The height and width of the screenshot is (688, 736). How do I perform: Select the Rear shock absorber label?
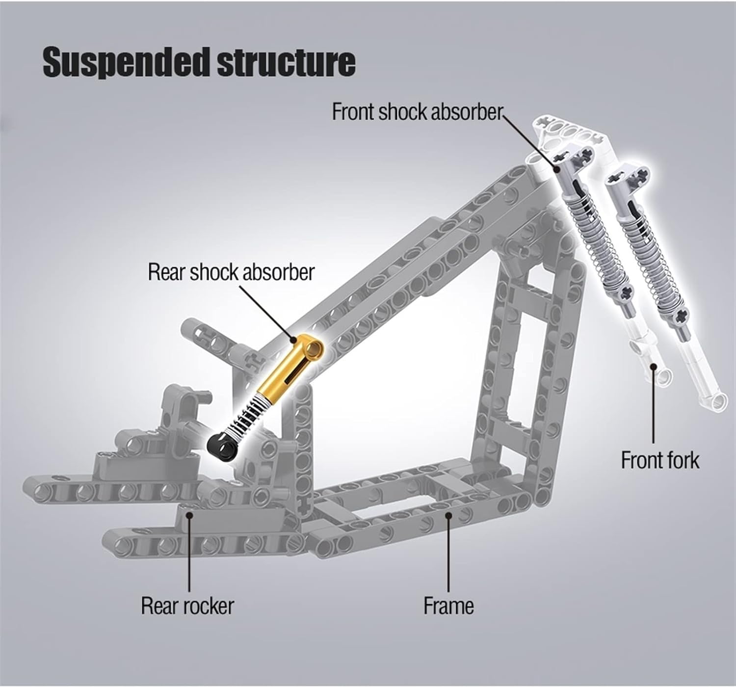(231, 272)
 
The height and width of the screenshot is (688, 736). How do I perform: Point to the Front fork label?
(660, 460)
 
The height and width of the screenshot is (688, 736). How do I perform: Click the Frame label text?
(448, 606)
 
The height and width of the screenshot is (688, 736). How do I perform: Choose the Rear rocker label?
(187, 606)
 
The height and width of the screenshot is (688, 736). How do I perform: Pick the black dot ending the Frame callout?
(448, 514)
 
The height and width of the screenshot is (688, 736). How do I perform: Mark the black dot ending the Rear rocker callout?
(189, 514)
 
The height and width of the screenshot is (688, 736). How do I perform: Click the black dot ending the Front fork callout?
(653, 366)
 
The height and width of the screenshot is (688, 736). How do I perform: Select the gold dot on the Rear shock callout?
(293, 339)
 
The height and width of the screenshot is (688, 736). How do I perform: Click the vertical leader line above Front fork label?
(653, 407)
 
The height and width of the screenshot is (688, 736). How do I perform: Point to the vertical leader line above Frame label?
(448, 555)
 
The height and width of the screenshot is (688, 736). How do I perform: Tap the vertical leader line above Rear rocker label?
(189, 555)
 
